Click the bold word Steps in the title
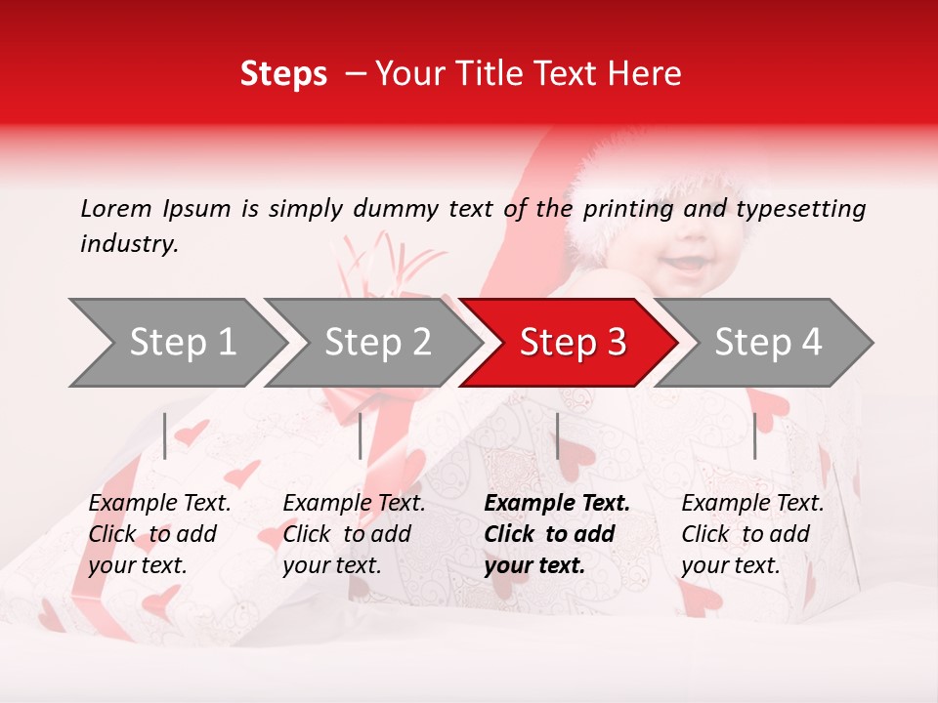(283, 74)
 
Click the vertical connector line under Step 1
(165, 435)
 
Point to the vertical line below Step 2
(361, 435)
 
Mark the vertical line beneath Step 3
(557, 435)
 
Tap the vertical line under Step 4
(754, 435)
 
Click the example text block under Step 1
(159, 534)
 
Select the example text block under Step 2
(354, 534)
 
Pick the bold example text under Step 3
(557, 534)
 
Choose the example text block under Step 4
(752, 534)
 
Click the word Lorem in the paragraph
(116, 209)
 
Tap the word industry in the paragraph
(129, 244)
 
